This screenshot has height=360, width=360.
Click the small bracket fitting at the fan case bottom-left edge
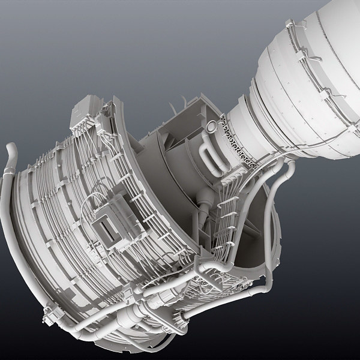pyautogui.click(x=49, y=312)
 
